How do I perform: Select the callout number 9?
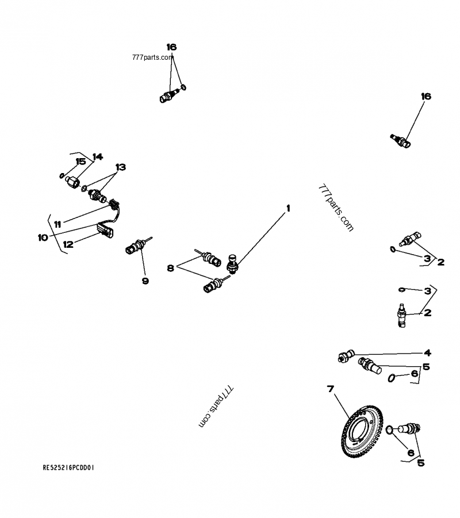[x=145, y=281]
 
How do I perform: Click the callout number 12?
[x=68, y=244]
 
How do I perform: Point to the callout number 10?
[x=43, y=237]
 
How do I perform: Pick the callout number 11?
[x=57, y=223]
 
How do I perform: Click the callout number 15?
[x=80, y=162]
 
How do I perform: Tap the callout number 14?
[x=97, y=156]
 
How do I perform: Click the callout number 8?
[x=170, y=267]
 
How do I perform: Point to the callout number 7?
[x=331, y=389]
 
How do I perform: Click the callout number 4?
[x=427, y=353]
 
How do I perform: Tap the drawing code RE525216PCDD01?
[x=68, y=468]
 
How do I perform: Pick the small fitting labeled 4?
[x=344, y=356]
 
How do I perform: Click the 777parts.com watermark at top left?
[x=152, y=57]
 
